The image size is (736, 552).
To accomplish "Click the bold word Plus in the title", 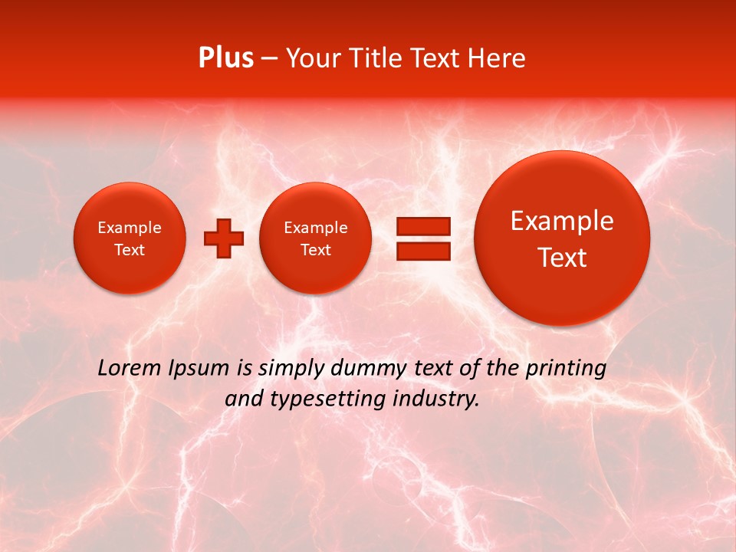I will pos(225,58).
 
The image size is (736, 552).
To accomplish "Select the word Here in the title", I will pos(497,58).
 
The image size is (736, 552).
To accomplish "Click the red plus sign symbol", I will pos(224,238).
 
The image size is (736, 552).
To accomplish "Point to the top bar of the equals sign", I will pos(422,226).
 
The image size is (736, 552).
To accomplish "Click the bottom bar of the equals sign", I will pos(422,251).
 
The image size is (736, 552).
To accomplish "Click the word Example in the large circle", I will pos(562,221).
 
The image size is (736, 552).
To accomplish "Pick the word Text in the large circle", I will pos(562,258).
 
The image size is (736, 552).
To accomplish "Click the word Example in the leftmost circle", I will pos(129,228).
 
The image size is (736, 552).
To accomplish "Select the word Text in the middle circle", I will pos(315,250).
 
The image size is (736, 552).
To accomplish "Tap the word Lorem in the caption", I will pos(130,368).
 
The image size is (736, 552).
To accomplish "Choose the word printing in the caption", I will pos(566,369).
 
